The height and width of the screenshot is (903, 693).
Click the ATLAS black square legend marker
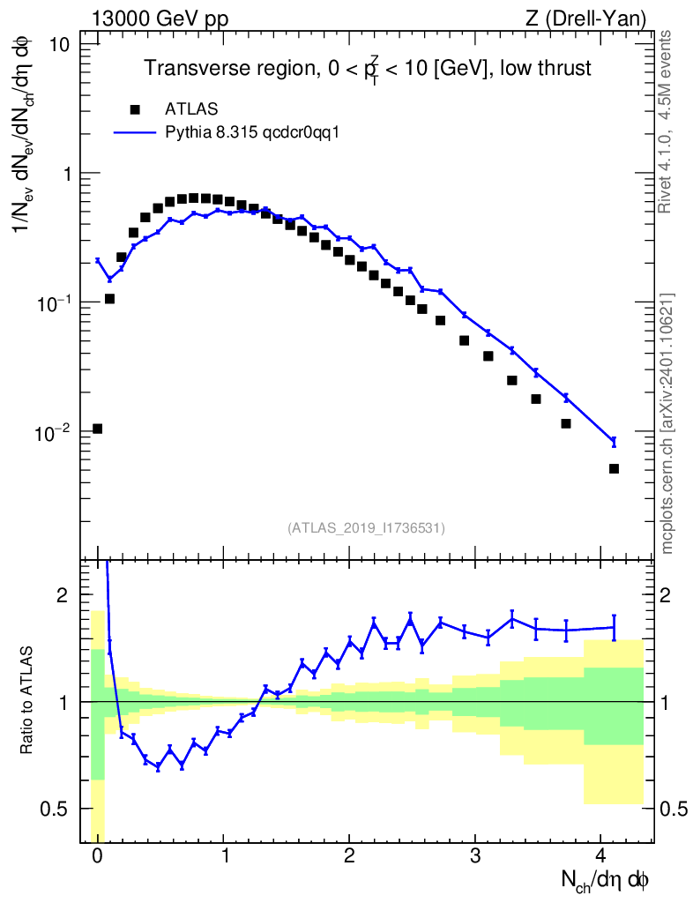(135, 109)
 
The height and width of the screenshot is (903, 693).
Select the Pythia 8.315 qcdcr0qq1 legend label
(252, 133)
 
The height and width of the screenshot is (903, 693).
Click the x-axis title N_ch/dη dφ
(606, 881)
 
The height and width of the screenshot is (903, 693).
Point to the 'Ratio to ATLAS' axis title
(29, 700)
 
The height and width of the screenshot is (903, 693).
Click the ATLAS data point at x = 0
(97, 429)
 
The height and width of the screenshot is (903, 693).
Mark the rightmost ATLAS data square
(614, 468)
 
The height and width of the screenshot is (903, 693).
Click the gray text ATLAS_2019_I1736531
(366, 527)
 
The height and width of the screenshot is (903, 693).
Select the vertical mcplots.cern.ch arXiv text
(667, 423)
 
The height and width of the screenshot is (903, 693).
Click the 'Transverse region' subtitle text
(368, 69)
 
